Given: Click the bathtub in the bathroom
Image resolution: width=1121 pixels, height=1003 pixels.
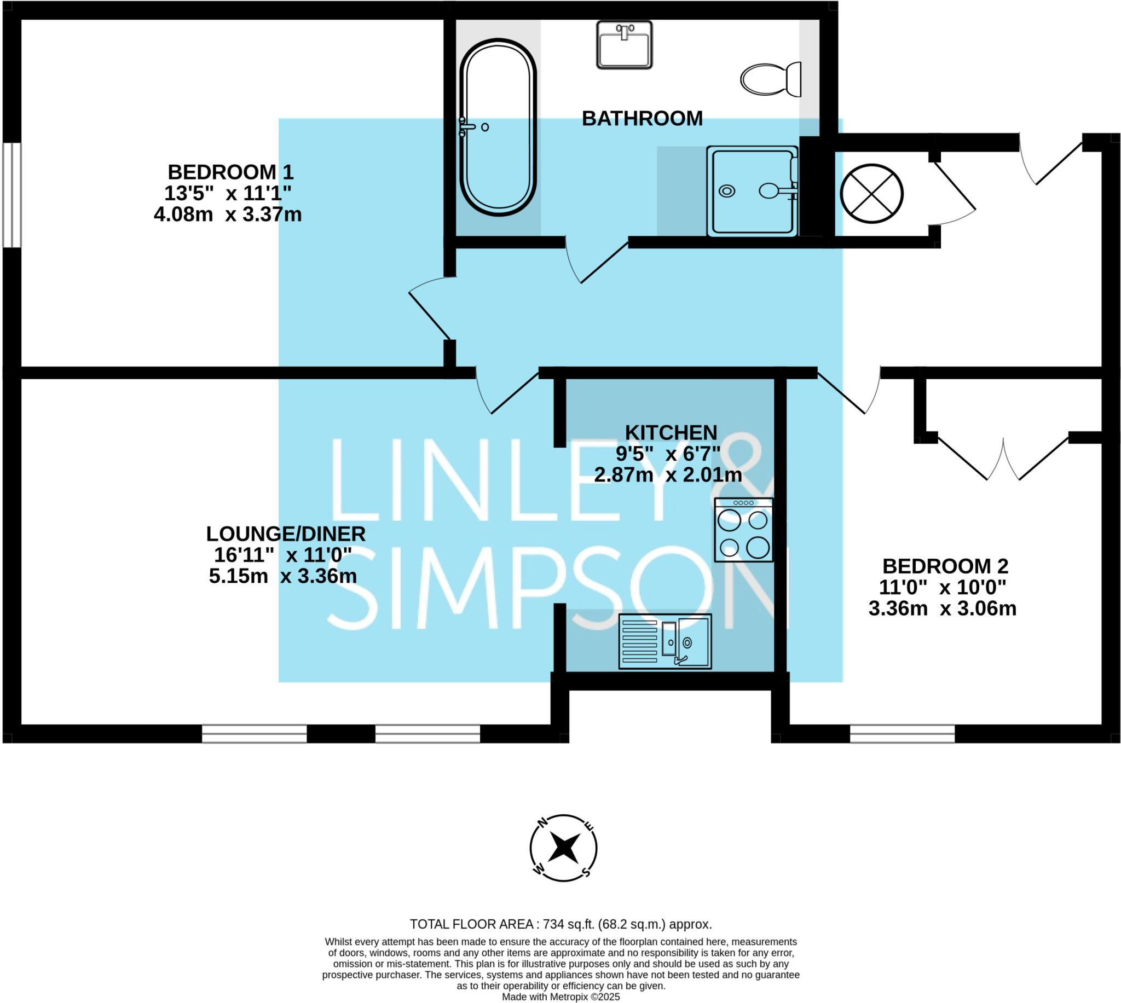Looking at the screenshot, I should [498, 127].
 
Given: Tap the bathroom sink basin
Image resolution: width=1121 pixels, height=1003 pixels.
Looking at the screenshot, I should [624, 45].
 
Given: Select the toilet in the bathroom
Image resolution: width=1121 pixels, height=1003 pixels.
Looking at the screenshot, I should [770, 79].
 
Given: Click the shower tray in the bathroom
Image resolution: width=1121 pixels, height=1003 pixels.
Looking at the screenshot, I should [752, 191].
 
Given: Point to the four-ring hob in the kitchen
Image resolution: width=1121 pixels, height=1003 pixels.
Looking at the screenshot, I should [743, 530].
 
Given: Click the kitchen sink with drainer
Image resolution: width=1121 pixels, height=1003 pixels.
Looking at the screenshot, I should [664, 641].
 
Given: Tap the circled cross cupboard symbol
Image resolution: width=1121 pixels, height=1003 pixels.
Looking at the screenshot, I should [871, 194].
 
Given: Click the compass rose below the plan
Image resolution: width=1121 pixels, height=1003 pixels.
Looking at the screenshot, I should [563, 848].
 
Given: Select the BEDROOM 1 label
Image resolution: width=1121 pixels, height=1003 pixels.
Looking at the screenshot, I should [230, 172].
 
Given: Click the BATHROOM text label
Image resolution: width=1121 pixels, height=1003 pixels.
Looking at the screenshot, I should [642, 119].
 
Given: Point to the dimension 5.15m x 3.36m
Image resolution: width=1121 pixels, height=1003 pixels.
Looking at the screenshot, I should [283, 576].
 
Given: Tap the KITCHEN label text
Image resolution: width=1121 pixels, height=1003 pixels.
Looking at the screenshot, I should [670, 433].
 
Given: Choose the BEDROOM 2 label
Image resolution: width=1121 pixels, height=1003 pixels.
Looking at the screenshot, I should [945, 566].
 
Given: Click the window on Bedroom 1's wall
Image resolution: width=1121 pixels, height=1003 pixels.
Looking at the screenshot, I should [12, 195].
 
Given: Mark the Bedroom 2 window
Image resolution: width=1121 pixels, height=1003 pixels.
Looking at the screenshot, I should [902, 734].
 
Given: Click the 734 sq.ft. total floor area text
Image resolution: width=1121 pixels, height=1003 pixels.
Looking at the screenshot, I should [560, 924].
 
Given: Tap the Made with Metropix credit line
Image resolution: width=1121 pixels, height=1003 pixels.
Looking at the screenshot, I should [560, 997].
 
